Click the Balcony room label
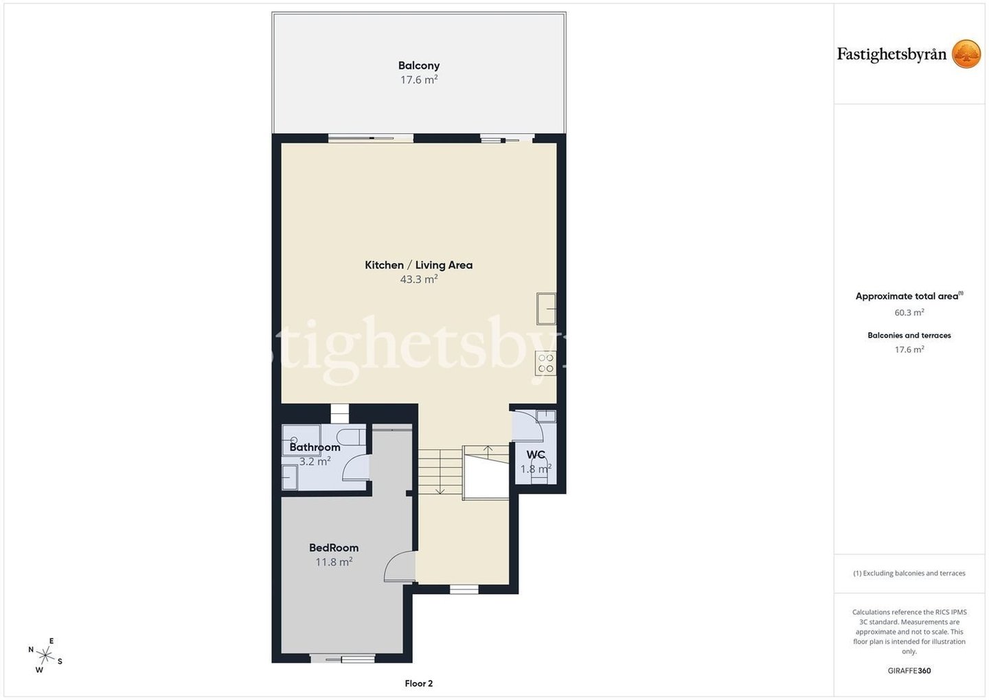418,65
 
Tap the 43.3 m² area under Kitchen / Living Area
418,279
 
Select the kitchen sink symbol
546,309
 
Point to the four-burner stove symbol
546,363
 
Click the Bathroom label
315,447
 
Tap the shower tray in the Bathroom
301,440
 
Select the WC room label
536,454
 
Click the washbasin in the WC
546,415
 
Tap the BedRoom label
334,548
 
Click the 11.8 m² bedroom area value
334,562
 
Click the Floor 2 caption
418,684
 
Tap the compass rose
45,655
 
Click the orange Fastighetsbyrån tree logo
966,54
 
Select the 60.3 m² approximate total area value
909,312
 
